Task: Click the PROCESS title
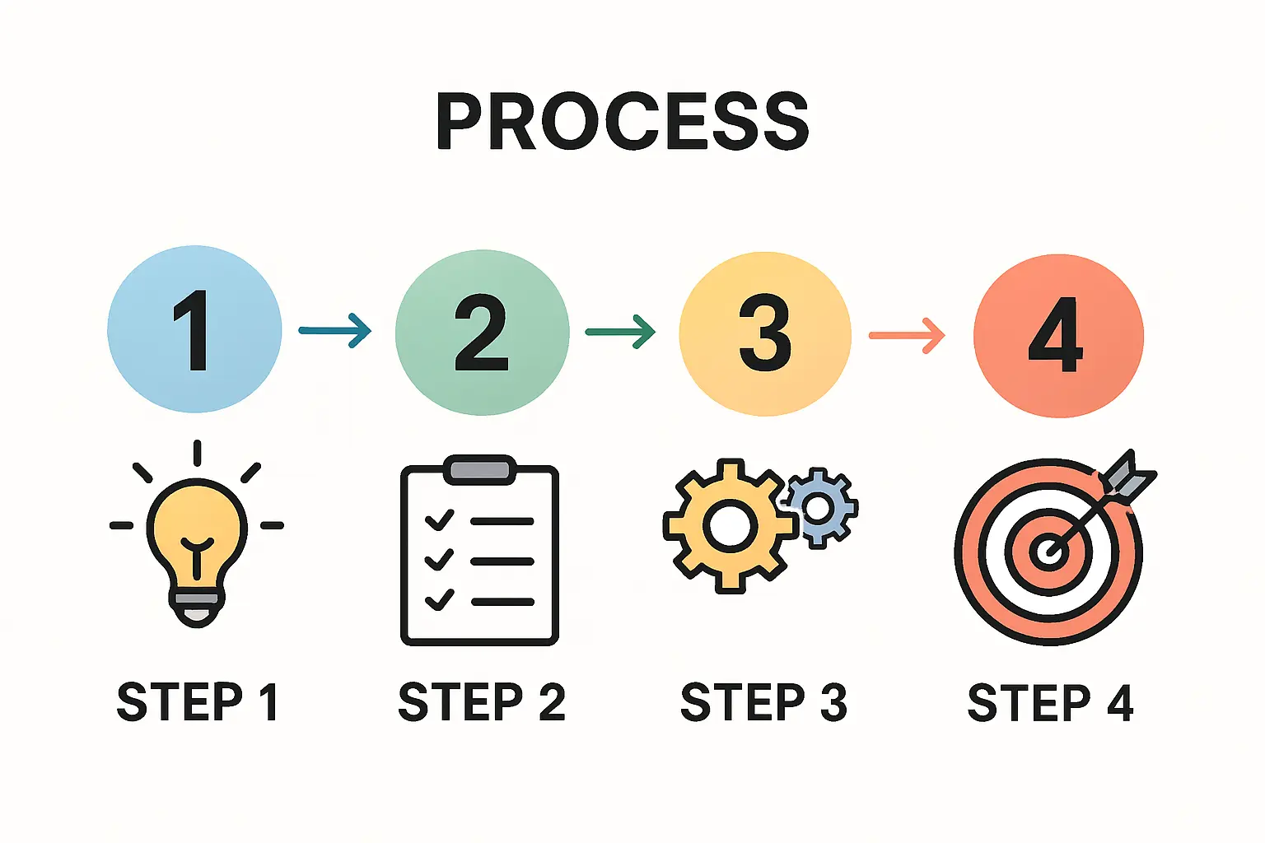pos(623,121)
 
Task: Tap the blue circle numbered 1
pos(194,329)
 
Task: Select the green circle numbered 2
pos(482,332)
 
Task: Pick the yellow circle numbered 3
pos(764,333)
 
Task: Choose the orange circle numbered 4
pos(1058,336)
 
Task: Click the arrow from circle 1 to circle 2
pos(334,331)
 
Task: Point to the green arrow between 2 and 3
pos(620,332)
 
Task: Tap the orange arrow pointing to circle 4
pos(906,335)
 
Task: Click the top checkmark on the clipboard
pos(439,520)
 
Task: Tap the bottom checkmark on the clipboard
pos(439,598)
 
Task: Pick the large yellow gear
pos(729,524)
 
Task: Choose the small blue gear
pos(819,507)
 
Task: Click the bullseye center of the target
pos(1048,551)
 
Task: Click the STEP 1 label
pos(198,702)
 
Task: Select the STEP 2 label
pos(482,702)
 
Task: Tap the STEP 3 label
pos(763,702)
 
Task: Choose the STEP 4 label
pos(1050,703)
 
